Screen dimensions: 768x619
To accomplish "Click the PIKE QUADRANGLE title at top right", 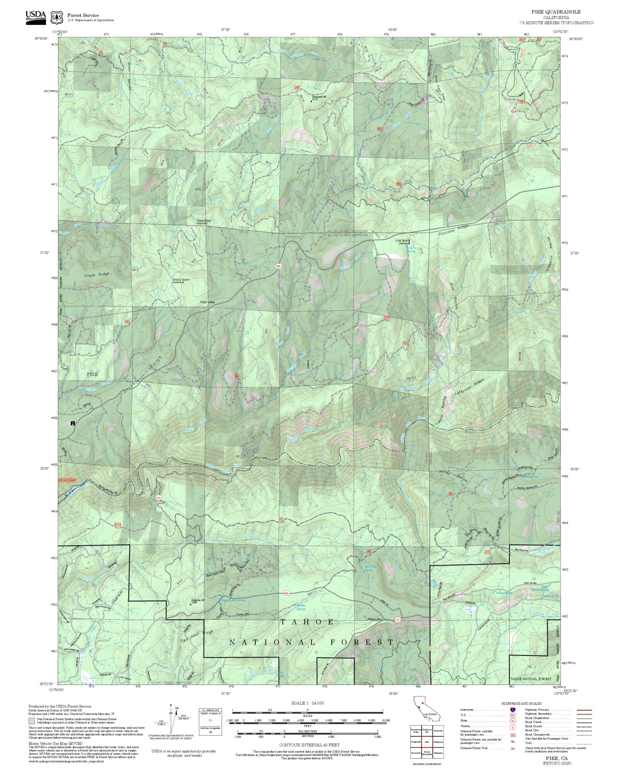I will (x=556, y=12).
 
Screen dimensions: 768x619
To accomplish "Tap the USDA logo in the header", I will (x=36, y=17).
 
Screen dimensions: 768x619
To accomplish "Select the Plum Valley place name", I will (x=207, y=302).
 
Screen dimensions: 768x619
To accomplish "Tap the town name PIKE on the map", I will (x=92, y=374).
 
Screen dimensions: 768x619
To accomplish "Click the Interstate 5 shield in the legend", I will (x=513, y=710).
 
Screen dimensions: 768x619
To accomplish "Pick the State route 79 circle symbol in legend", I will (x=513, y=721).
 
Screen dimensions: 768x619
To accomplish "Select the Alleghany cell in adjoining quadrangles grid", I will (x=438, y=742).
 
